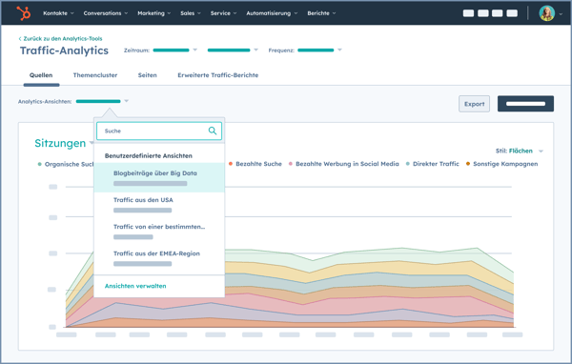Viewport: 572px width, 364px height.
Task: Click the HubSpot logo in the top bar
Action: tap(24, 13)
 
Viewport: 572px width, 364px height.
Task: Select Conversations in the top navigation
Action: tap(105, 13)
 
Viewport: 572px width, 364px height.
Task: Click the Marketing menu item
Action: tap(153, 13)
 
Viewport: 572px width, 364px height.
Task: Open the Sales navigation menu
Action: tap(191, 13)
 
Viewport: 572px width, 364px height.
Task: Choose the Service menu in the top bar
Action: tap(222, 13)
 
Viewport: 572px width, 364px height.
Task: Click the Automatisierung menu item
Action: tap(271, 13)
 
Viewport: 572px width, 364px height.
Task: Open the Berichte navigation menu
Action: tap(320, 13)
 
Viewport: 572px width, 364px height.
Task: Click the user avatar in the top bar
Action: tap(546, 13)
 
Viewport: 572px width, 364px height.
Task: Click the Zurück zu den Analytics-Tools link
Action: tap(62, 38)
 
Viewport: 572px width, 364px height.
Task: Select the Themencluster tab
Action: tap(95, 75)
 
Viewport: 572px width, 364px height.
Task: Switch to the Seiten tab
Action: tap(147, 75)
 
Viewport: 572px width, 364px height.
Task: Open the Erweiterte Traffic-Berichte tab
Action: tap(217, 75)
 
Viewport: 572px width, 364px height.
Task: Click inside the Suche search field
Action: tap(153, 131)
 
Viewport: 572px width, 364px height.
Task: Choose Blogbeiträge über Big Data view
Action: tap(155, 173)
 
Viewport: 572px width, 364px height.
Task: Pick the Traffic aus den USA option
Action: tap(143, 200)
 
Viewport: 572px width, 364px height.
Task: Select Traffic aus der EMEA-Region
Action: tap(156, 253)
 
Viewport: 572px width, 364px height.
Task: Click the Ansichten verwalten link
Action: tap(135, 286)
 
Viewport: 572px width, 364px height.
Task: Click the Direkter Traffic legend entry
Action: tap(436, 164)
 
